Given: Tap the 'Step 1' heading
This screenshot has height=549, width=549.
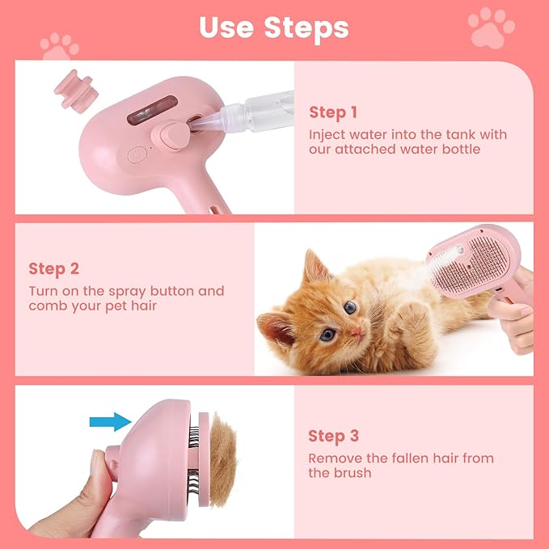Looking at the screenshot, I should pyautogui.click(x=332, y=112).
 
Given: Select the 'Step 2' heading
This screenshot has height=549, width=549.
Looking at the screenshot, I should pyautogui.click(x=54, y=268).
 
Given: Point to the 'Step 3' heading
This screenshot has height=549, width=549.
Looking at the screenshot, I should pyautogui.click(x=333, y=436).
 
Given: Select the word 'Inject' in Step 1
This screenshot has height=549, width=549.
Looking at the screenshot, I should pyautogui.click(x=326, y=134).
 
